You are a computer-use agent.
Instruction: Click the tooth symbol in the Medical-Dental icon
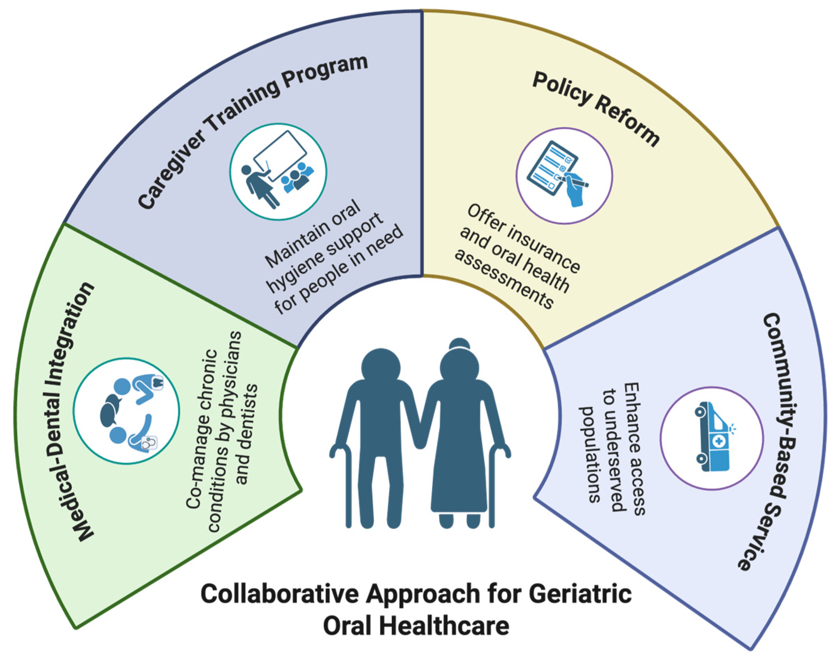pos(158,383)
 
